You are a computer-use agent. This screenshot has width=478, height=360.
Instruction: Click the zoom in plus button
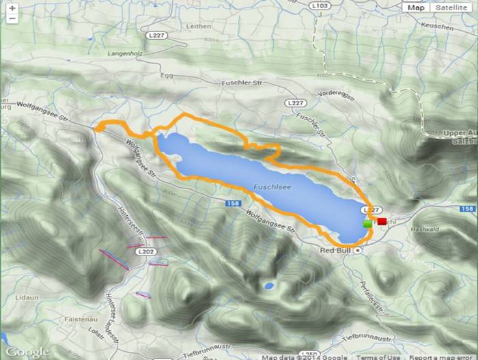click(x=12, y=8)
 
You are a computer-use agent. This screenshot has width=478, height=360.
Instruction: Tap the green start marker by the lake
click(x=367, y=223)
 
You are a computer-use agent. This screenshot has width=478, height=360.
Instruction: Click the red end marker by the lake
click(x=382, y=221)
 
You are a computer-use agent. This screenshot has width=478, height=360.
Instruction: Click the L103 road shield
click(x=324, y=5)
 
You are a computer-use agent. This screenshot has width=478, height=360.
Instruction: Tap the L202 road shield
click(x=145, y=251)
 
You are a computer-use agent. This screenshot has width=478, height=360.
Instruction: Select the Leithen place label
click(x=198, y=26)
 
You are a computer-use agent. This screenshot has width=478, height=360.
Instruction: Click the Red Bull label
click(x=335, y=250)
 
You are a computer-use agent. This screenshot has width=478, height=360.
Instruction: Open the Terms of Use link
click(x=380, y=357)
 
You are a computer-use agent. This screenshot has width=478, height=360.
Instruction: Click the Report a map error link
click(x=442, y=357)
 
